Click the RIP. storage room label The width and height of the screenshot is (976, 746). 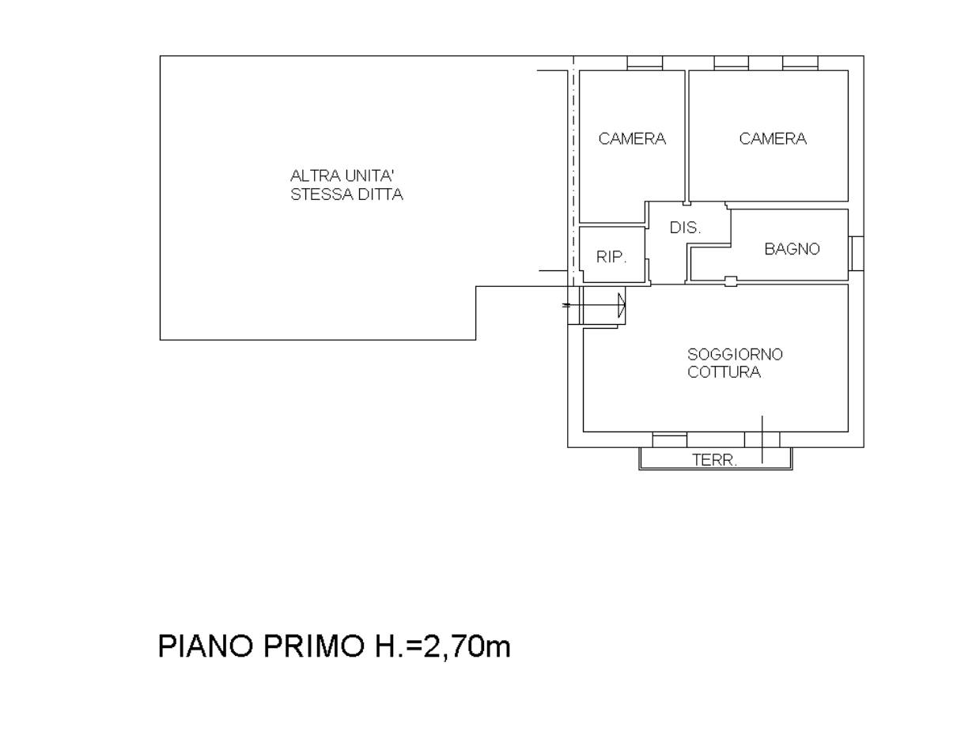pyautogui.click(x=611, y=256)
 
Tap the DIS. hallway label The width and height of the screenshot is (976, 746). pyautogui.click(x=685, y=228)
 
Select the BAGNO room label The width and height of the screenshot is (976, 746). pyautogui.click(x=792, y=249)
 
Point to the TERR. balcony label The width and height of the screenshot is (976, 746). pyautogui.click(x=714, y=460)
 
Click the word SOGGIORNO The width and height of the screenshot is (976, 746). pyautogui.click(x=735, y=354)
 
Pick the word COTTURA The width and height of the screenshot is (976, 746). pyautogui.click(x=724, y=372)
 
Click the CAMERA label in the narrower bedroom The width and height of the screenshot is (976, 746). pyautogui.click(x=632, y=138)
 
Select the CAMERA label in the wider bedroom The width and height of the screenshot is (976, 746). pyautogui.click(x=773, y=138)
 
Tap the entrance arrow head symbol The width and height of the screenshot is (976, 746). pyautogui.click(x=622, y=305)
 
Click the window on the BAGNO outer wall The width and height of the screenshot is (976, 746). pyautogui.click(x=857, y=253)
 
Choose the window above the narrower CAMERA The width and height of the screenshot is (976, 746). pyautogui.click(x=645, y=62)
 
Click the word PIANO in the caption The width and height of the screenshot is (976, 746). pyautogui.click(x=206, y=646)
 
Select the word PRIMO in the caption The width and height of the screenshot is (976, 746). pyautogui.click(x=314, y=646)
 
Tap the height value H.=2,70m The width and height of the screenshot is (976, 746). pyautogui.click(x=443, y=646)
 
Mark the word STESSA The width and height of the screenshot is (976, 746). pyautogui.click(x=319, y=194)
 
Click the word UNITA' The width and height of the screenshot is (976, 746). pyautogui.click(x=369, y=176)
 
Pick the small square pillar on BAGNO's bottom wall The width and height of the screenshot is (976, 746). pyautogui.click(x=731, y=281)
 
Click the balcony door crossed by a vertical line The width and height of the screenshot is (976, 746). pyautogui.click(x=762, y=440)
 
